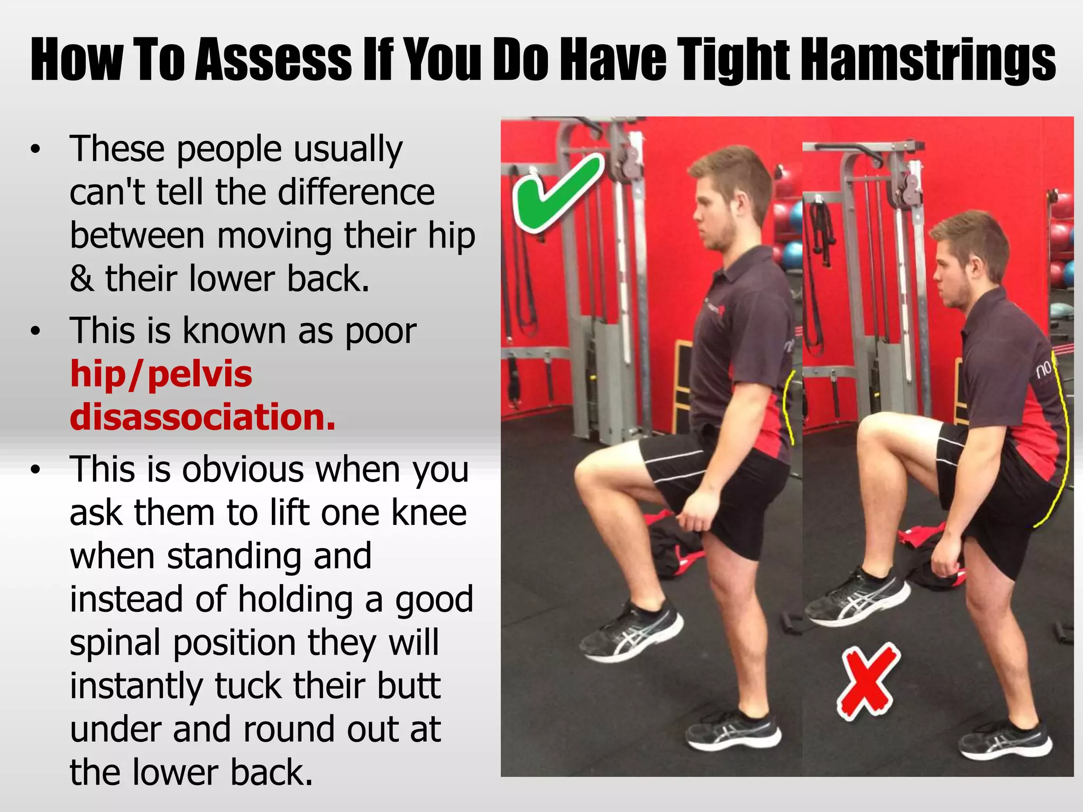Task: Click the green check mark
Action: pos(555,196)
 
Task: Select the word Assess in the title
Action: pos(273,59)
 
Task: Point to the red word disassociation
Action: pos(203,417)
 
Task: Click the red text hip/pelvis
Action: pos(161,374)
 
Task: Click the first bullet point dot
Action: pos(35,150)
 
